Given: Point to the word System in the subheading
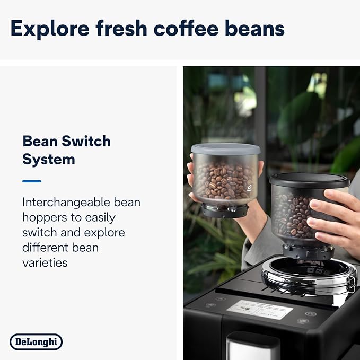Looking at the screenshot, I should click(x=48, y=159).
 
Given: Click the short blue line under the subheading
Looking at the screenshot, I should click(x=32, y=181).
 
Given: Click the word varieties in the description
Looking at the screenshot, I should click(x=45, y=262).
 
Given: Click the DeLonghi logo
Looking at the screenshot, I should click(x=36, y=342).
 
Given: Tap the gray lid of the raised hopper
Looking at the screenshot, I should click(x=225, y=149).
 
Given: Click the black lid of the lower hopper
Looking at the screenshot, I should click(x=309, y=180).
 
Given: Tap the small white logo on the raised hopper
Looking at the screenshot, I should click(x=250, y=186).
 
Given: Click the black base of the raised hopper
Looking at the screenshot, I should click(x=225, y=210).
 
